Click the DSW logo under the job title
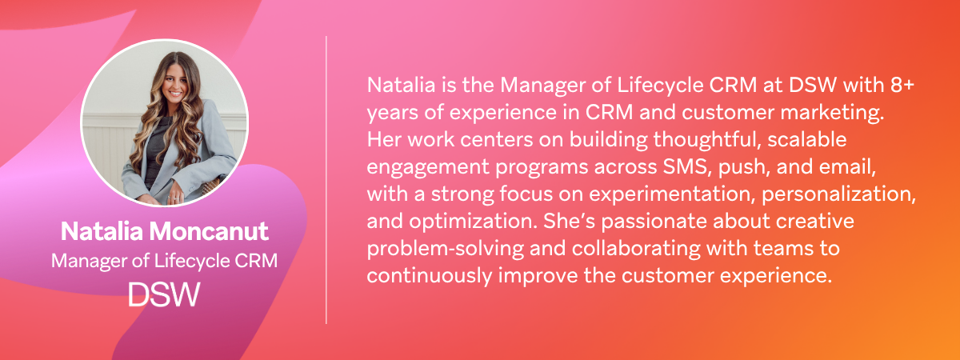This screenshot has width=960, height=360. [x=164, y=294]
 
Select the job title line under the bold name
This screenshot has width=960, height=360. [x=164, y=261]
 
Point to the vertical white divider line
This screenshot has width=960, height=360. [x=326, y=180]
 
